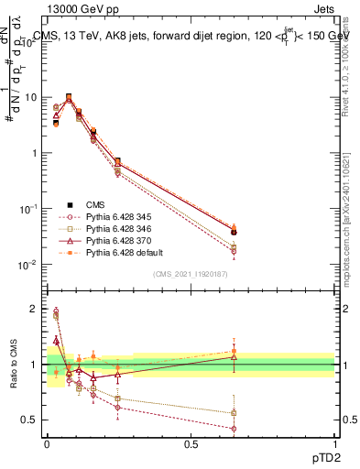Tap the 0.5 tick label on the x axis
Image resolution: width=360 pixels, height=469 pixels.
pyautogui.click(x=191, y=442)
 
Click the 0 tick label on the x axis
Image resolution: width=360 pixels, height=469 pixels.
pyautogui.click(x=47, y=442)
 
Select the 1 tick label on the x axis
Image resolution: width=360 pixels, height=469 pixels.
pyautogui.click(x=334, y=442)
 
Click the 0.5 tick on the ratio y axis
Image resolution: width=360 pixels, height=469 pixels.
pyautogui.click(x=31, y=420)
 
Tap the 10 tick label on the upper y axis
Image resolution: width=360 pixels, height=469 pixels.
pyautogui.click(x=31, y=96)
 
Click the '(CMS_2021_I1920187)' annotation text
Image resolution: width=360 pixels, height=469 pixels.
pyautogui.click(x=191, y=274)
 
